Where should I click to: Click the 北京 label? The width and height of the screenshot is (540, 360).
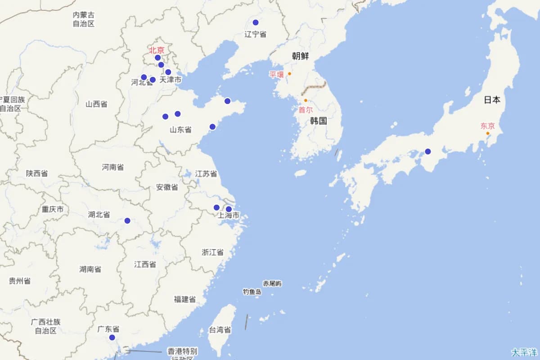(x=157, y=50)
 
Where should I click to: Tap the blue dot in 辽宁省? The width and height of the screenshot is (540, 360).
(x=256, y=22)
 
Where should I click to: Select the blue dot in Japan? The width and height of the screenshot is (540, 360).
(x=427, y=151)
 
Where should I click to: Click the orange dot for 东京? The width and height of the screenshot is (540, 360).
(x=487, y=133)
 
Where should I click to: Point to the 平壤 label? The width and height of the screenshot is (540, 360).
(x=277, y=75)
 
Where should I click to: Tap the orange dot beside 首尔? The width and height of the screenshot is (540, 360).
(x=306, y=100)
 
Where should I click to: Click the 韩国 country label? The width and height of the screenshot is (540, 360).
(x=318, y=121)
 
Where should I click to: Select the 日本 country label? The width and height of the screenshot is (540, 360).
(x=492, y=100)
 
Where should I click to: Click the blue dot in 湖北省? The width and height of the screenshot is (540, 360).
(x=127, y=220)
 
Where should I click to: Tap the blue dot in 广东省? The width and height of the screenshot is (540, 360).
(x=112, y=337)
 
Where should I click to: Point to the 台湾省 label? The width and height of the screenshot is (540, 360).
(x=220, y=330)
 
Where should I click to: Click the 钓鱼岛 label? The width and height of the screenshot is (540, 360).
(x=252, y=292)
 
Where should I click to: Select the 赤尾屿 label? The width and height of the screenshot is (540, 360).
(x=272, y=283)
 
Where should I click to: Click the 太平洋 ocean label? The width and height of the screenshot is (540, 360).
(x=524, y=351)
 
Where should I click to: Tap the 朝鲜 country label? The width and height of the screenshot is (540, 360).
(x=300, y=56)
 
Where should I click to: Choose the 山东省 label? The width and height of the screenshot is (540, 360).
(x=180, y=130)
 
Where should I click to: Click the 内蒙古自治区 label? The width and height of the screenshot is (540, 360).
(x=84, y=19)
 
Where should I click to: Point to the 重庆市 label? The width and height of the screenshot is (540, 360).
(x=53, y=209)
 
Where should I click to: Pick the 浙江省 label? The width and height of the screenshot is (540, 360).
(x=212, y=252)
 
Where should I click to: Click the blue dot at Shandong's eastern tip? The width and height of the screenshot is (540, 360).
(x=228, y=101)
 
